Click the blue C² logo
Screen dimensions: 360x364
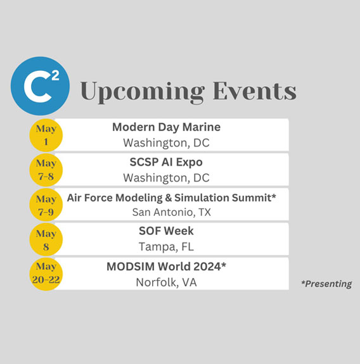(x=40, y=86)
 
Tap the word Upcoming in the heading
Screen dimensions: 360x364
(x=143, y=92)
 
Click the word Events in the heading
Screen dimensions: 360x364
(x=255, y=91)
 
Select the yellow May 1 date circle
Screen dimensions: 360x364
(x=46, y=135)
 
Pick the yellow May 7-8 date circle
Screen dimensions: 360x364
(x=46, y=170)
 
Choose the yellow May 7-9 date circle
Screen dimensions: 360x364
(x=46, y=204)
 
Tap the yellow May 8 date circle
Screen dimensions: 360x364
(x=46, y=239)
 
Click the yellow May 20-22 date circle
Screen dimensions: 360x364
(x=46, y=274)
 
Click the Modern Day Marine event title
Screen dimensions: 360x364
(x=167, y=128)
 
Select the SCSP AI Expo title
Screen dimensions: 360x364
(x=166, y=163)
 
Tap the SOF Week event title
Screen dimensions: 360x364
(x=166, y=231)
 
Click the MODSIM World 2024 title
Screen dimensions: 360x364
(x=166, y=267)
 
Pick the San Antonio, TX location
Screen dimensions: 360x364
(x=172, y=213)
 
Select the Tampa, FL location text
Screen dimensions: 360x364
(x=166, y=247)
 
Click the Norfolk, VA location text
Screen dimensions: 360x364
(x=166, y=282)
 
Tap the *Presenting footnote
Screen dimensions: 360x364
(x=326, y=284)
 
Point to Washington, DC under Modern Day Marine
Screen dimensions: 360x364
(x=166, y=143)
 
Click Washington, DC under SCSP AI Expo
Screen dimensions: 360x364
(x=166, y=178)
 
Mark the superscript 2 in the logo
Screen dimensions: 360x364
(x=55, y=76)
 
